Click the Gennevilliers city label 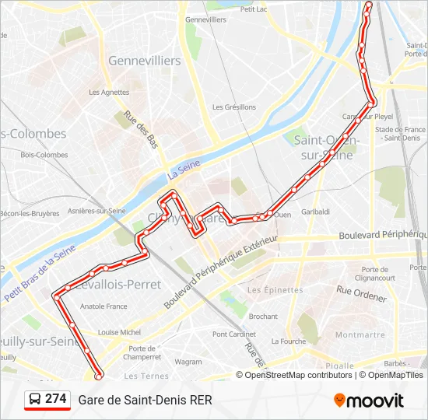[x=144, y=61]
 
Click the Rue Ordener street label [x=361, y=293]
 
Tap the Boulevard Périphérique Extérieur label [x=220, y=268]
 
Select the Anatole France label [x=103, y=306]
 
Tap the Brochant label [x=263, y=317]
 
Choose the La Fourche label [x=288, y=341]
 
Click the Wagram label [x=188, y=362]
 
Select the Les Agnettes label [x=109, y=92]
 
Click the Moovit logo [x=368, y=401]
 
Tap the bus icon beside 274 [x=34, y=400]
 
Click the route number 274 [x=56, y=399]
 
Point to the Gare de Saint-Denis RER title [x=145, y=401]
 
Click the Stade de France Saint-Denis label [x=400, y=134]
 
